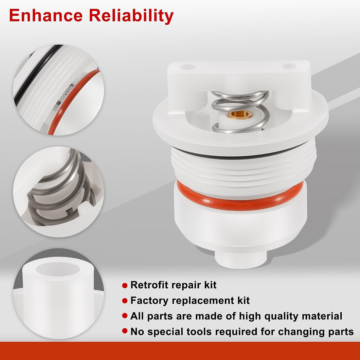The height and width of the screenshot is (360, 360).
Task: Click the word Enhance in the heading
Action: (x=46, y=15)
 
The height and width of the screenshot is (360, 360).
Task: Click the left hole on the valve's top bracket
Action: (x=188, y=67)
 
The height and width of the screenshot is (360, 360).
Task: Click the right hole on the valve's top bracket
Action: (x=289, y=66)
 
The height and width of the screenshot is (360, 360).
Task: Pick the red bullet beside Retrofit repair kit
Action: (x=125, y=285)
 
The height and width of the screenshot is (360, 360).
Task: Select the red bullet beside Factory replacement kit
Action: (x=125, y=301)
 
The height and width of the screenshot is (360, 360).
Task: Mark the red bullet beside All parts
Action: (x=125, y=316)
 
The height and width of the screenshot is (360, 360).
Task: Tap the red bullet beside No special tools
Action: (x=125, y=331)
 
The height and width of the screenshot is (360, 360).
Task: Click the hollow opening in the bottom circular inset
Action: (x=58, y=269)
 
